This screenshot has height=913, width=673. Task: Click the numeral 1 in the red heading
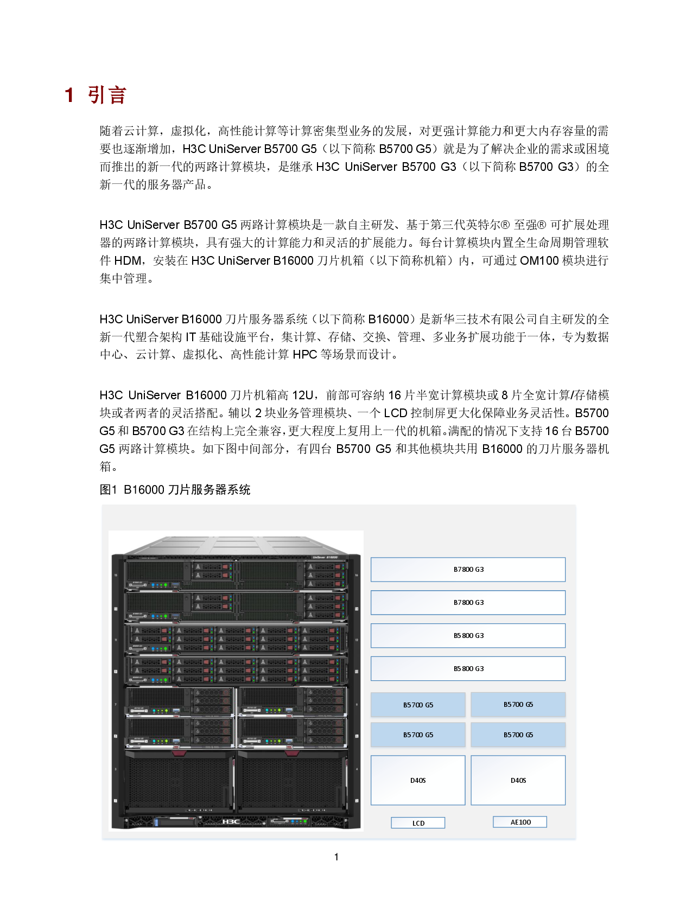point(69,95)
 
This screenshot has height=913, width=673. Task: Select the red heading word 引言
point(107,95)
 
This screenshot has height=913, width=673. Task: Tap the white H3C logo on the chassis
point(231,821)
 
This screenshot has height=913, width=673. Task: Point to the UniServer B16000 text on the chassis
point(325,557)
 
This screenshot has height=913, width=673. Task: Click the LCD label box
point(418,823)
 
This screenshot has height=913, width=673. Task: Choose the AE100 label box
point(520,822)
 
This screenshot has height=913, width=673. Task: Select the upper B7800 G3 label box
point(468,570)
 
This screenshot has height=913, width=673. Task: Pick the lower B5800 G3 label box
point(468,668)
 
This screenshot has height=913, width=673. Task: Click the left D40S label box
point(418,780)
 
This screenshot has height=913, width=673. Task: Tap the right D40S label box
point(518,780)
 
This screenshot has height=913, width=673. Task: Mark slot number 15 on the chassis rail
point(116,575)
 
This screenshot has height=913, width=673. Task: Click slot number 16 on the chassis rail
point(357,575)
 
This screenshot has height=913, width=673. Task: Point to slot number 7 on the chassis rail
point(116,705)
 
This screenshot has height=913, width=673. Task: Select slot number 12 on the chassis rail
point(357,640)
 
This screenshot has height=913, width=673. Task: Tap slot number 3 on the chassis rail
point(116,769)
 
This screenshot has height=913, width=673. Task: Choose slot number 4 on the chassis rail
point(357,769)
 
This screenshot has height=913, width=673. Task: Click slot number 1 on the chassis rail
point(116,801)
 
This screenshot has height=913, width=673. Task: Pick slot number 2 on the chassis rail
point(357,801)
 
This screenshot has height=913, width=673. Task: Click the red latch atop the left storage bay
point(180,753)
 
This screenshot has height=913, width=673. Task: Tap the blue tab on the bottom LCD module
point(156,822)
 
